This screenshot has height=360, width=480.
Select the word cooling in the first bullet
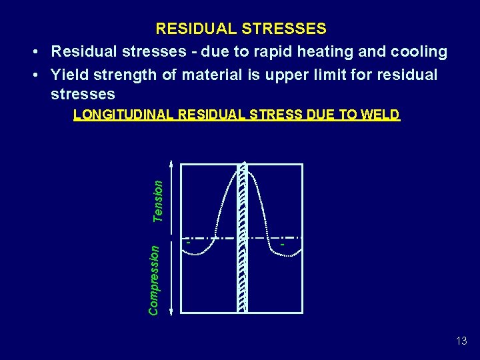(418, 51)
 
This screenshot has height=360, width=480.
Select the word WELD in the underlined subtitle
(381, 115)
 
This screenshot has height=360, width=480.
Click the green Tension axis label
(158, 201)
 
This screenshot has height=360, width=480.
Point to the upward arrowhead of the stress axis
(172, 165)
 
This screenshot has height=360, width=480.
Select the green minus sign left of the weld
(189, 243)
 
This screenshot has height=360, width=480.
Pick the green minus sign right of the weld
(283, 245)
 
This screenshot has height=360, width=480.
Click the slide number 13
(461, 341)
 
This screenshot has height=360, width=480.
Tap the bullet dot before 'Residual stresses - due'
(33, 52)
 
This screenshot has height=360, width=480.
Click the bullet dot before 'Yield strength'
(33, 75)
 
